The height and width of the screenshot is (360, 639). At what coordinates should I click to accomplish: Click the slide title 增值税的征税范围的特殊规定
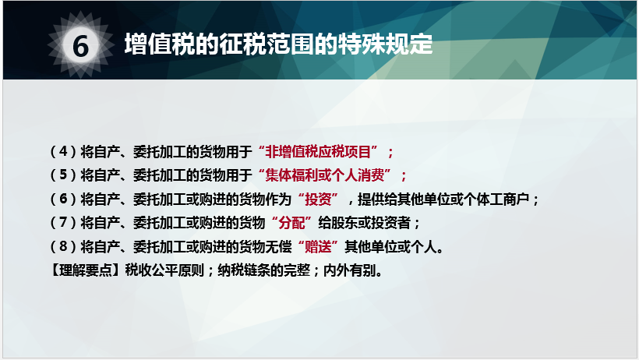click(278, 44)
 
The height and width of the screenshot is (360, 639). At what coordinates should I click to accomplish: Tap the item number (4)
click(62, 150)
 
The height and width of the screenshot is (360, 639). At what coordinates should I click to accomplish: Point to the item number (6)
click(62, 199)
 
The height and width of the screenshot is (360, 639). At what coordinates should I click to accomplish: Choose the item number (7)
click(62, 223)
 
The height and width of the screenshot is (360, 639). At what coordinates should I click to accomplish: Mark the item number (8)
click(62, 247)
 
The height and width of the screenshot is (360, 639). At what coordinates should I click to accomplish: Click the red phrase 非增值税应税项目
click(323, 150)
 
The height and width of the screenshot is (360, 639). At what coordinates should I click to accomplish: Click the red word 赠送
click(318, 247)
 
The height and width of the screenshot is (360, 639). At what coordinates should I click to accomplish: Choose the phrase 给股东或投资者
click(371, 223)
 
